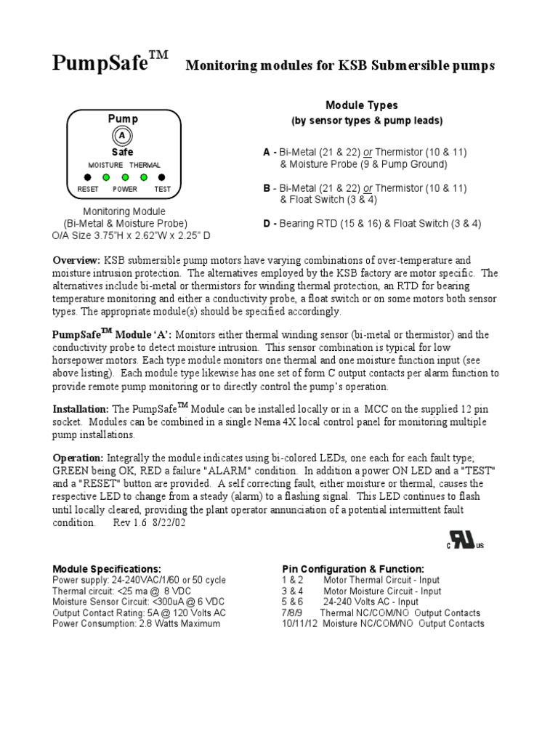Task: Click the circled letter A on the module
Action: click(x=122, y=136)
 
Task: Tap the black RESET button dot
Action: click(x=87, y=177)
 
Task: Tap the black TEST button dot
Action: click(x=162, y=177)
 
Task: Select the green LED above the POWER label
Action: click(x=125, y=177)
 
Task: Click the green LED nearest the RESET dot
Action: click(x=106, y=177)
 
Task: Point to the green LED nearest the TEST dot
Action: click(x=144, y=177)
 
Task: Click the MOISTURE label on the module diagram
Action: click(x=105, y=166)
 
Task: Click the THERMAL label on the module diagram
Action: click(x=145, y=166)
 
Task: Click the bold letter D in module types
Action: click(x=267, y=224)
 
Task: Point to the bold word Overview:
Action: click(x=76, y=259)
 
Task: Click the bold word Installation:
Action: click(x=81, y=410)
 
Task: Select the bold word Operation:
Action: click(x=78, y=458)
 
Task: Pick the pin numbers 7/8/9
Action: click(x=291, y=612)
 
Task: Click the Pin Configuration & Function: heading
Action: click(x=353, y=568)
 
